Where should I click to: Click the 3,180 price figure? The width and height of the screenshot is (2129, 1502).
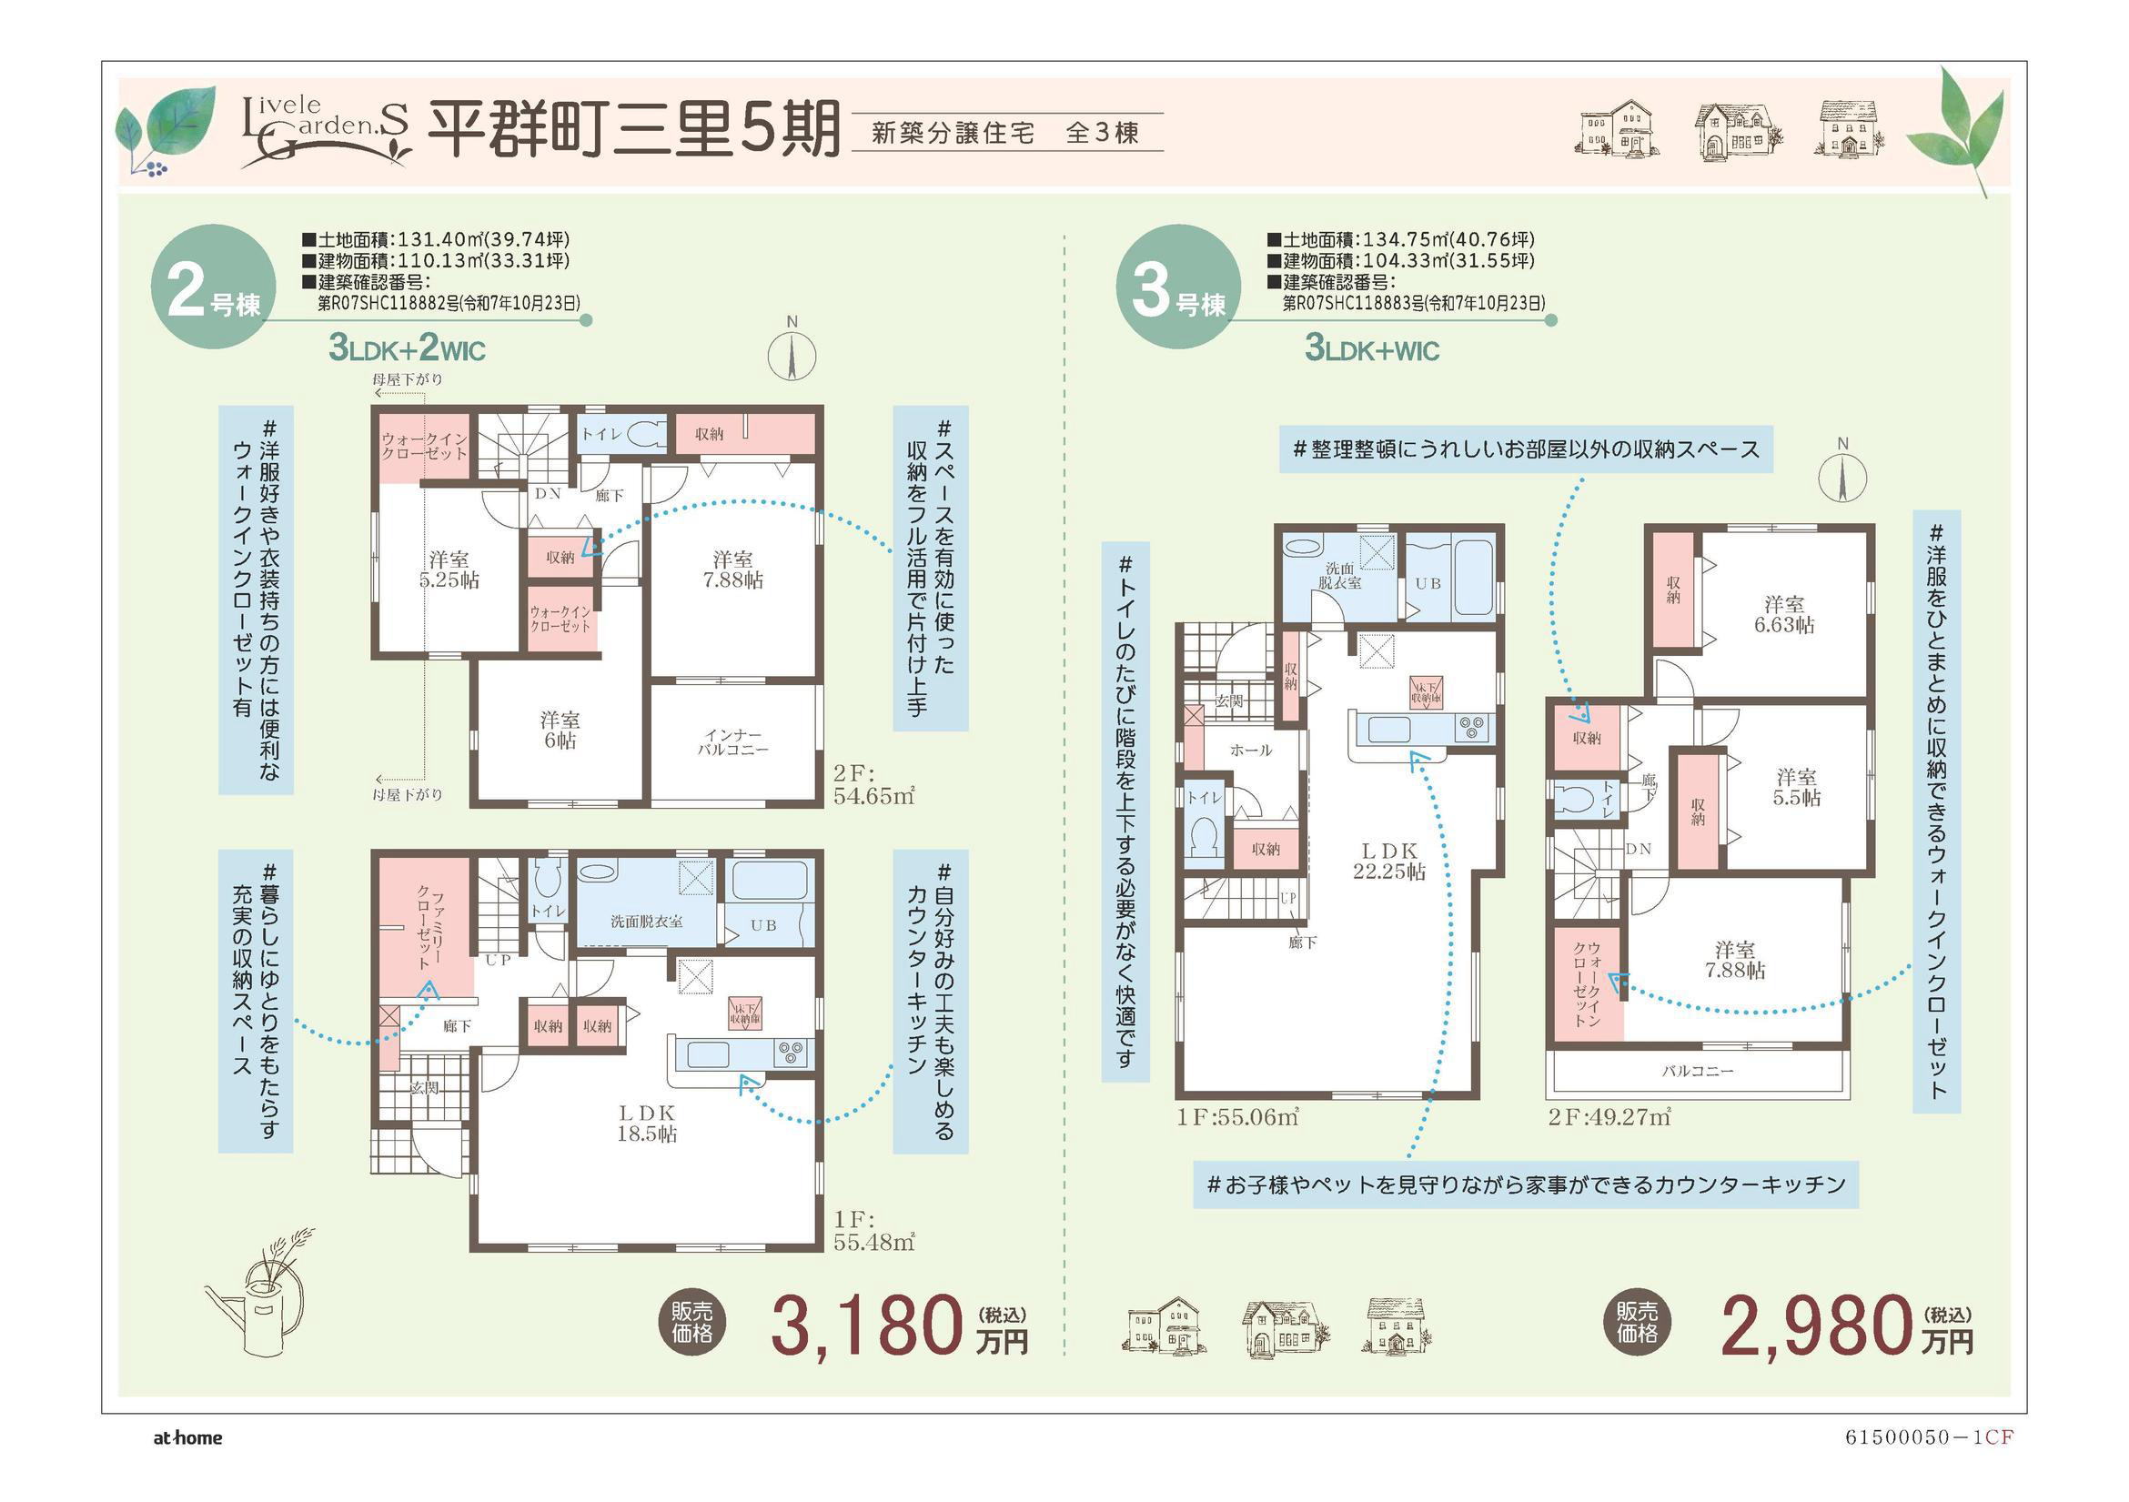pyautogui.click(x=866, y=1326)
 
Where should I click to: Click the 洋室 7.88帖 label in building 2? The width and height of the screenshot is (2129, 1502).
pyautogui.click(x=732, y=570)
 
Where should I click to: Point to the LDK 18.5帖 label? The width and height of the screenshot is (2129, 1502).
pyautogui.click(x=646, y=1123)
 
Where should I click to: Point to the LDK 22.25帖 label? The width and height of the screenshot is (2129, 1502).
pyautogui.click(x=1389, y=861)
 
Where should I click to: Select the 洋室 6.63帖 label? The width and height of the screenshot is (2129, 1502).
pyautogui.click(x=1783, y=615)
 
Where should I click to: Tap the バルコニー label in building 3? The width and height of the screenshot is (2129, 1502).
pyautogui.click(x=1697, y=1071)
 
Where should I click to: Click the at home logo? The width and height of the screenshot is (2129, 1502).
pyautogui.click(x=188, y=1438)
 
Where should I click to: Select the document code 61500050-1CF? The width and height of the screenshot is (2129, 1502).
pyautogui.click(x=1929, y=1438)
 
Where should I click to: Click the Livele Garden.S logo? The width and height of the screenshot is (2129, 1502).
pyautogui.click(x=325, y=132)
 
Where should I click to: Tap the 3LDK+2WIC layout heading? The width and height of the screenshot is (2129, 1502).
pyautogui.click(x=407, y=348)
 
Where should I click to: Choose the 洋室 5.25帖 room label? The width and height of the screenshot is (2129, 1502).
pyautogui.click(x=449, y=570)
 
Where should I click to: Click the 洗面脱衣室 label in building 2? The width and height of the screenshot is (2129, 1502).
pyautogui.click(x=646, y=922)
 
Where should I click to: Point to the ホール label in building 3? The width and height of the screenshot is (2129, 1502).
pyautogui.click(x=1251, y=749)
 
